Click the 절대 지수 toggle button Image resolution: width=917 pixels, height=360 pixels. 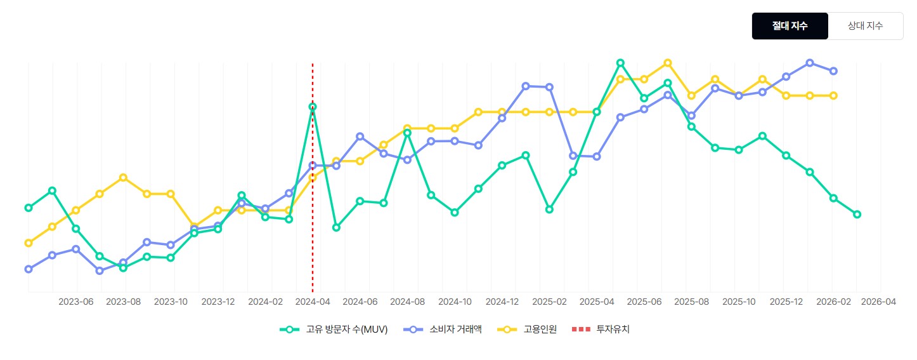coord(790,26)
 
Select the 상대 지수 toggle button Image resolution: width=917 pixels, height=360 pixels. coord(865,26)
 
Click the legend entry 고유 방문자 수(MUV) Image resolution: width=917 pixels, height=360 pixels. coord(334,330)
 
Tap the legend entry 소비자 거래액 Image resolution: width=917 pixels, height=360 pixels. coord(443,330)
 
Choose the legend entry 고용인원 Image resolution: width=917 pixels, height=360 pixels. coord(527,330)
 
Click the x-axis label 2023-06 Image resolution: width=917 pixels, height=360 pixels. coord(76,302)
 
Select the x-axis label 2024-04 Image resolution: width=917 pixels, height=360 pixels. coord(313,302)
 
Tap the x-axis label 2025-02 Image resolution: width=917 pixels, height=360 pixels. coord(550,302)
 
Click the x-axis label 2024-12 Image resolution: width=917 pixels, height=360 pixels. coord(502,302)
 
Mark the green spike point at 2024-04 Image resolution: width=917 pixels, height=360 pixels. coord(313,107)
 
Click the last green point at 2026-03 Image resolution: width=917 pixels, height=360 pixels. coord(857,215)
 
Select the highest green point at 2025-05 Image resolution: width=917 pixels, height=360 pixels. coord(620,63)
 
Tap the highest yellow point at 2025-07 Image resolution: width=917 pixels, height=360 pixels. coord(668,63)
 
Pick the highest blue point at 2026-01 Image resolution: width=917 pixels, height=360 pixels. coord(810,63)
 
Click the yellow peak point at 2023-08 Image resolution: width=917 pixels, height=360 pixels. coord(123,177)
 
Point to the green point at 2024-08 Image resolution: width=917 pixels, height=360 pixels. coord(407,133)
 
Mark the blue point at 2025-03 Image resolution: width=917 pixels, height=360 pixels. coord(573,156)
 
